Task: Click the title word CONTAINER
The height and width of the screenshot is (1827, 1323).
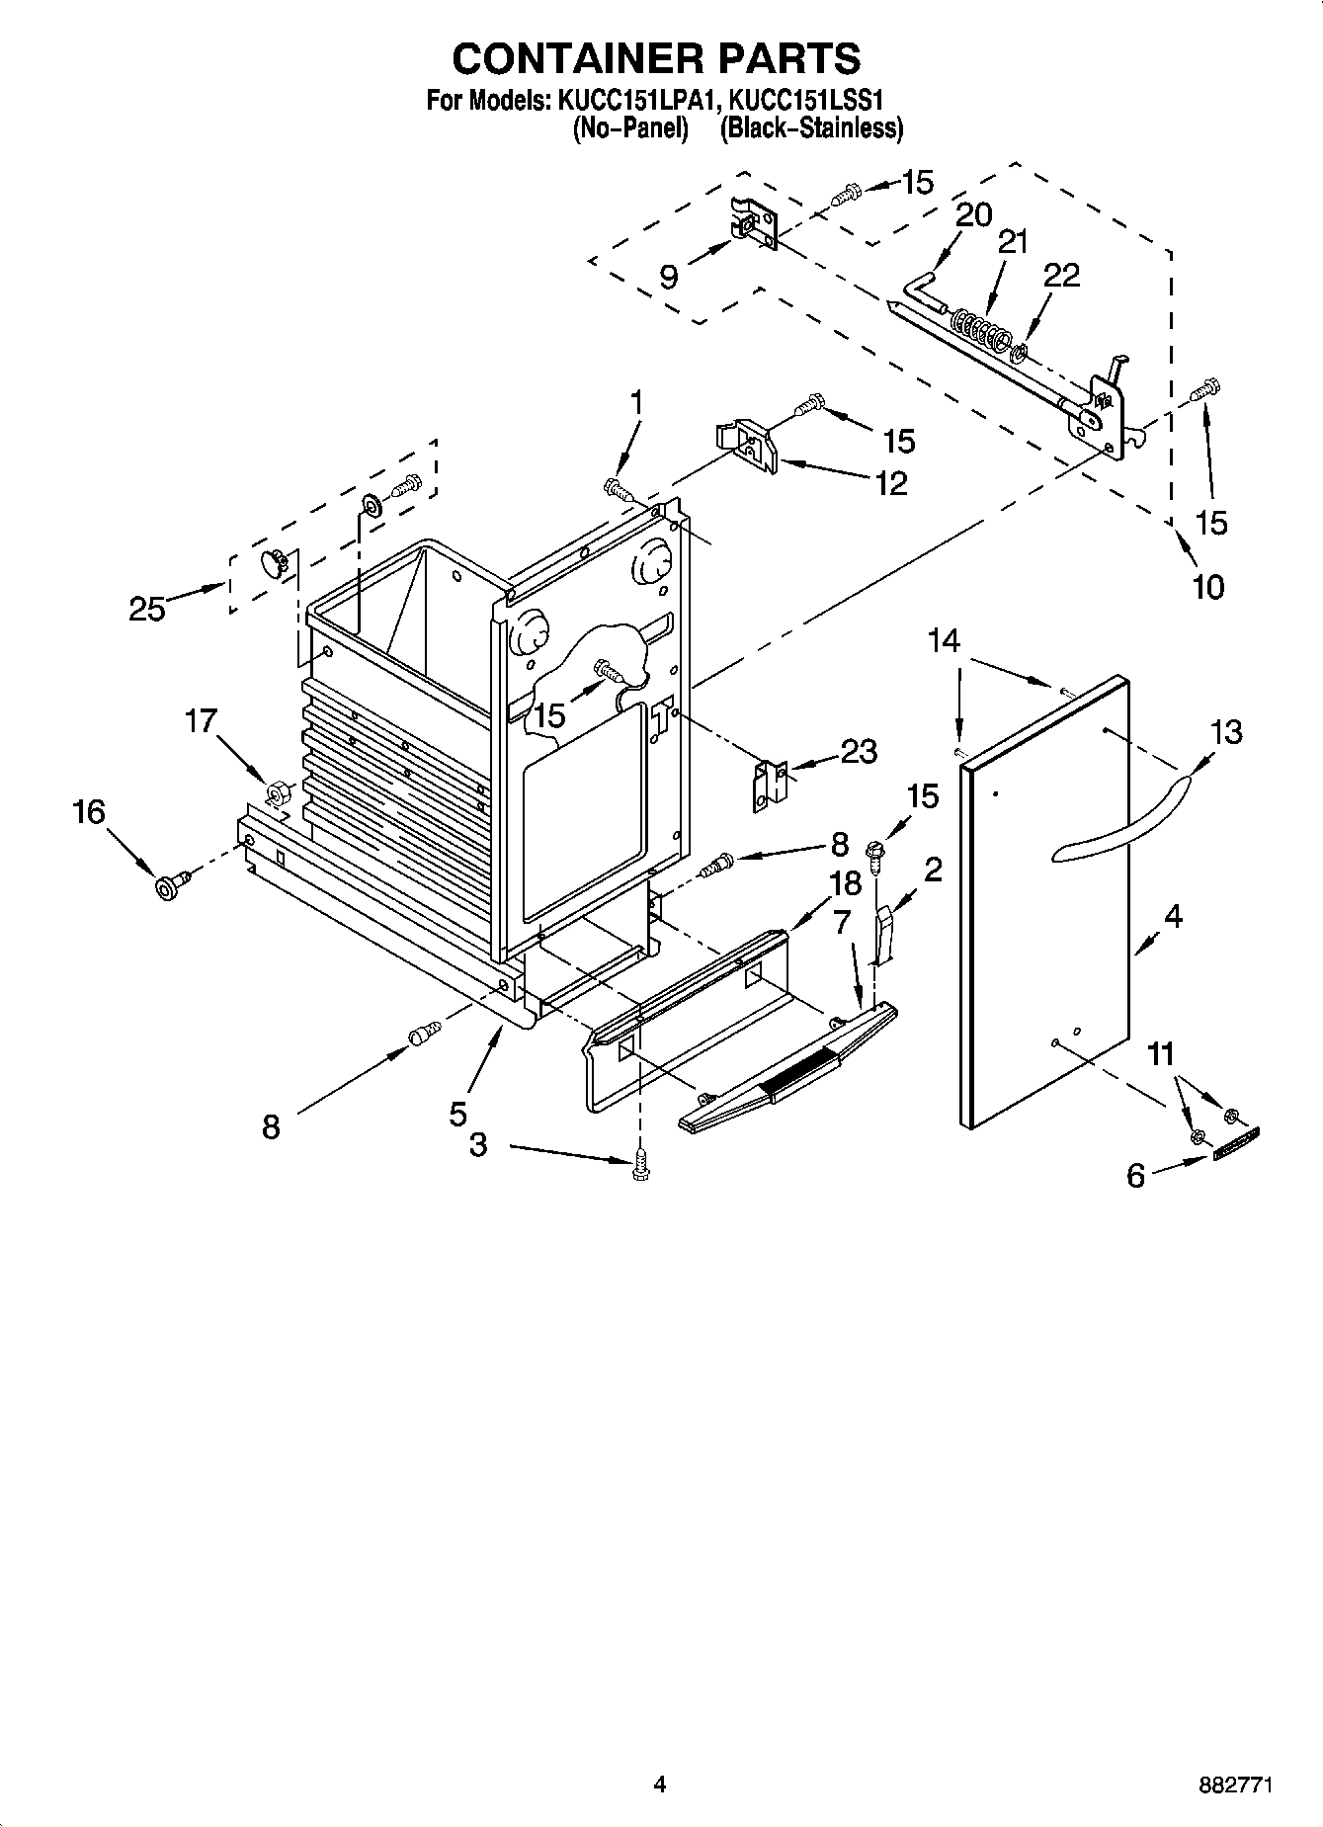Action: click(559, 59)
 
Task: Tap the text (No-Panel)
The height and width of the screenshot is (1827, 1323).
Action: click(630, 128)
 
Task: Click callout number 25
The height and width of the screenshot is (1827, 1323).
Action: click(147, 610)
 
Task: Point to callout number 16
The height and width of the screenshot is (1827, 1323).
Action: click(88, 812)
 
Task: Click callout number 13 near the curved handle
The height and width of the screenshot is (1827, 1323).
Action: click(1224, 732)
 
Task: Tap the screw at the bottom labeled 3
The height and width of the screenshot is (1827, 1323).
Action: click(641, 1163)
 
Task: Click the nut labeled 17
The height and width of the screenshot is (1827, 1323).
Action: click(278, 790)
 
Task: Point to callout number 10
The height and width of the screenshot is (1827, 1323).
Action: click(1206, 587)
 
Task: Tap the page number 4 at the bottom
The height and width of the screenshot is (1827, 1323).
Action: click(660, 1785)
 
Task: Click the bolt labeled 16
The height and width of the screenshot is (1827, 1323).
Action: click(165, 886)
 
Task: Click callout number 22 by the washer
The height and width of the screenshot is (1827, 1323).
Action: click(1062, 276)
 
